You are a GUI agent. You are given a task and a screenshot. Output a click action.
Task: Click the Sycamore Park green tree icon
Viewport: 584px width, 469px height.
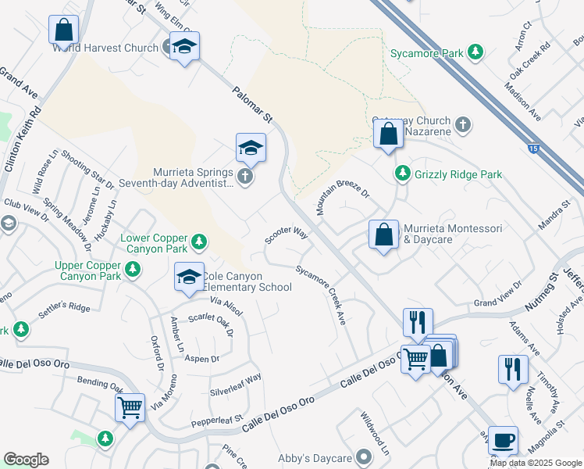tap(474, 53)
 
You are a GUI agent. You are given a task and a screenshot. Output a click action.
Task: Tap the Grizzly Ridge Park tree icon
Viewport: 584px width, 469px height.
tap(403, 174)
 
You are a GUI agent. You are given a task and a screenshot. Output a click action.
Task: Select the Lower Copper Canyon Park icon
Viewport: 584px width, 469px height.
tap(200, 242)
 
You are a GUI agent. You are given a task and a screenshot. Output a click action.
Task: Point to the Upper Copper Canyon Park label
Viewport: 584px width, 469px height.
tap(87, 270)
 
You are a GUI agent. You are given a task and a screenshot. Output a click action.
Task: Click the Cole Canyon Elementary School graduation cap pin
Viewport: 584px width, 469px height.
tap(189, 277)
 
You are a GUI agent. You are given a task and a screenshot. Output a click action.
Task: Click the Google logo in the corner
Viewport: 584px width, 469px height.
tap(26, 460)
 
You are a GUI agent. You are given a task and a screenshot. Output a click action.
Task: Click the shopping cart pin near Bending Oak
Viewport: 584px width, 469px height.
tap(130, 406)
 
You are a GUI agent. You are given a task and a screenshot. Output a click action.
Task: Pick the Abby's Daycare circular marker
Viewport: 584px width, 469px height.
tap(362, 456)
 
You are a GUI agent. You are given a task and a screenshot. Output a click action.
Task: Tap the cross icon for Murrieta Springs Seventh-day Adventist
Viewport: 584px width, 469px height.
tap(244, 176)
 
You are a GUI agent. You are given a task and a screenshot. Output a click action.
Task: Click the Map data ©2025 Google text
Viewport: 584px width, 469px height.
tap(536, 463)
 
